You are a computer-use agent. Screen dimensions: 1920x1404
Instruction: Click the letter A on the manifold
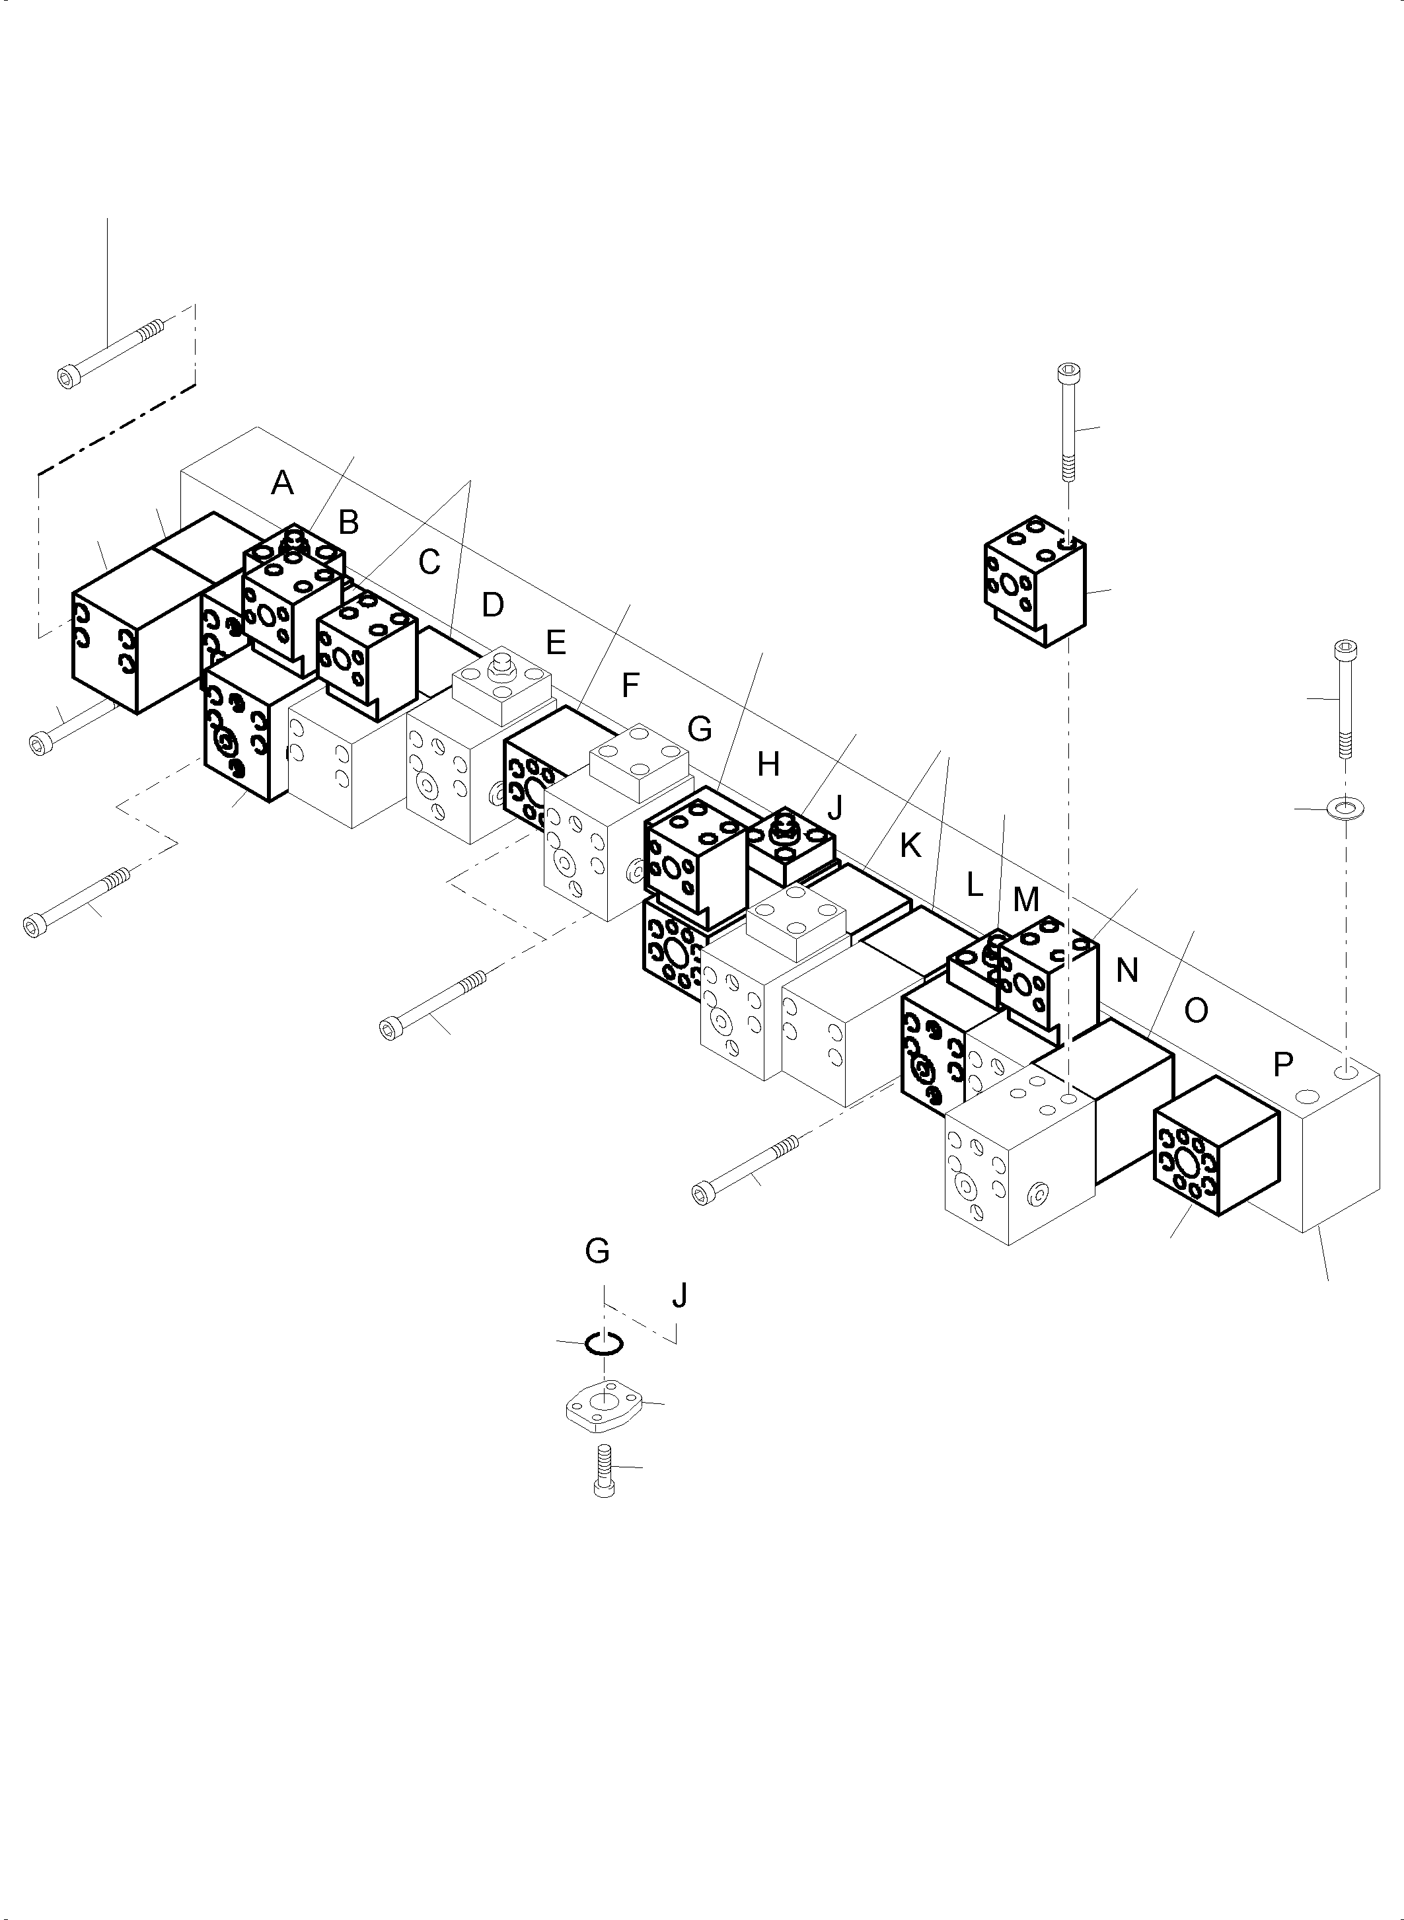(282, 484)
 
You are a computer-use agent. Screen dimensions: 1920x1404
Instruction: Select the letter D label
(493, 605)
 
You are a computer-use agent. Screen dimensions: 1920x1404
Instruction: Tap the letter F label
(630, 685)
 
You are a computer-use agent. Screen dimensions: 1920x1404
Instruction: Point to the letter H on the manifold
(768, 765)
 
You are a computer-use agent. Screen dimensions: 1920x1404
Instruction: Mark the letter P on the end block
(1283, 1063)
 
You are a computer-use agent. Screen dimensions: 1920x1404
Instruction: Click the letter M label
(1026, 899)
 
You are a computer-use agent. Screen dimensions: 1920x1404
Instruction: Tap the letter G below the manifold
(597, 1251)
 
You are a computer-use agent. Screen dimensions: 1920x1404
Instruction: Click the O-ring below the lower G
(605, 1343)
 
